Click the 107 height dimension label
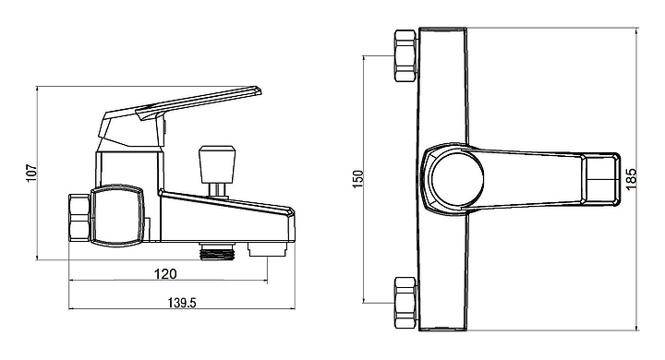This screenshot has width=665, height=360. [x=32, y=173]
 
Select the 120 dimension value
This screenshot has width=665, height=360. [x=165, y=274]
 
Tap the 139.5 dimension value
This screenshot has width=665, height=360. [x=182, y=303]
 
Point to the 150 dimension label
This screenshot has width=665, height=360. [x=358, y=179]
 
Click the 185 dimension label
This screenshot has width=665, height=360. [x=631, y=179]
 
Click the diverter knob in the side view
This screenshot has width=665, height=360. [x=217, y=164]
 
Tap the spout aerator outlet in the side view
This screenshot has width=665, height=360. [x=268, y=249]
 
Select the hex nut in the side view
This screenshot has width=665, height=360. [x=79, y=218]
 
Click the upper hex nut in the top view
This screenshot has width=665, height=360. [x=405, y=55]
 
